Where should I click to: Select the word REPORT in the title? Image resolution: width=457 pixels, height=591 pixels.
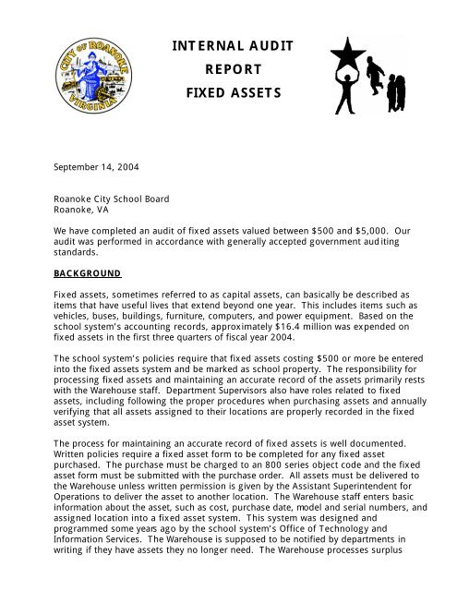point(228,69)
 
